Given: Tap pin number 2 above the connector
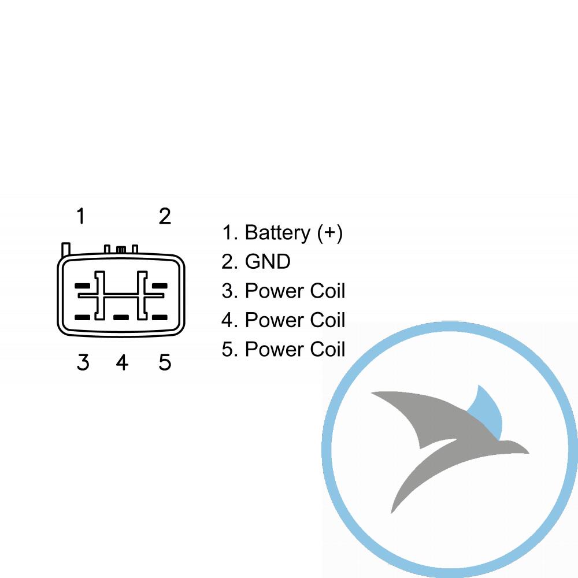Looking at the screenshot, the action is coord(165,216).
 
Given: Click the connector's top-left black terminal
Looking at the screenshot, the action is coord(82,286).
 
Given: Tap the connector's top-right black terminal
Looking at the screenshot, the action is coord(160,286).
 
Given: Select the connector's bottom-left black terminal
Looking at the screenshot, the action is coord(82,317).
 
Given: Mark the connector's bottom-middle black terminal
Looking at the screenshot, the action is coord(121,317).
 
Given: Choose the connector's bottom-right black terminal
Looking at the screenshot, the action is coord(160,317).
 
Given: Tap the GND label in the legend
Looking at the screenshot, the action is coord(268,262).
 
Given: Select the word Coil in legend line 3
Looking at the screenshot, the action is coord(328,291).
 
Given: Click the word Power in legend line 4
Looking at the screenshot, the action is coord(275,320).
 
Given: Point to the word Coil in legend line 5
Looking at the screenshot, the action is coord(328,349).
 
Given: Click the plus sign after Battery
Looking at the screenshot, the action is coord(330,232).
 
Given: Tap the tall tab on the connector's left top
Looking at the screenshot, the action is coord(66,249).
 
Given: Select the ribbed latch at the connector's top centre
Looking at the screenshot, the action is coord(121,250).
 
